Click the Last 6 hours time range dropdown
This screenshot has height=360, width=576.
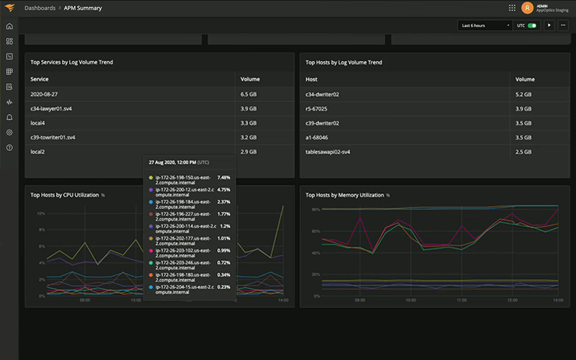point(485,25)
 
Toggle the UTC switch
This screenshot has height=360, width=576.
point(532,25)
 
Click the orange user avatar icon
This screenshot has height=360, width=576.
point(527,8)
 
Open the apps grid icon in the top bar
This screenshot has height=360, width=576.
point(512,8)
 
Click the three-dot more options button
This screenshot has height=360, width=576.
point(563,25)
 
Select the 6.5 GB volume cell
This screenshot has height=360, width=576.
point(249,94)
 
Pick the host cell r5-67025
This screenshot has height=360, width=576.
point(316,109)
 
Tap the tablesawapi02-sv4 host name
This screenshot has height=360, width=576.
point(327,152)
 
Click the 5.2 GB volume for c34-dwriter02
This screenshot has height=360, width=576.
point(523,94)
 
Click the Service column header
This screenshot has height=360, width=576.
point(39,79)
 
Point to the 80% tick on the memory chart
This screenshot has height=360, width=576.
point(316,209)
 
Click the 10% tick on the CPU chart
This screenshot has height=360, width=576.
point(40,214)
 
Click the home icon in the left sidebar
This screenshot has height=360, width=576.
point(9,26)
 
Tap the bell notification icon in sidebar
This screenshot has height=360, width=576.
point(9,118)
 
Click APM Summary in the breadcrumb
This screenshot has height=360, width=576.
point(83,8)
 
